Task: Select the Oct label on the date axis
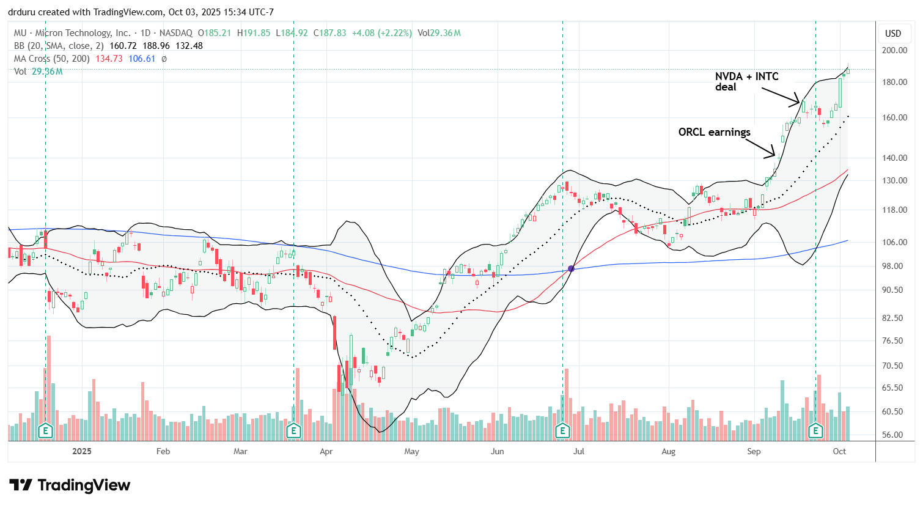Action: [x=839, y=451]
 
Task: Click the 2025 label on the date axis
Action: [x=81, y=451]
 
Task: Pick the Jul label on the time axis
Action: [x=578, y=451]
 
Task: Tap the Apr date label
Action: [x=326, y=451]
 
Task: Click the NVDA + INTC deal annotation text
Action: [x=746, y=81]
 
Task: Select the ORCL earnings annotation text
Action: [x=714, y=132]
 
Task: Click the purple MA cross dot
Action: [x=571, y=268]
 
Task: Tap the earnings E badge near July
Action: [x=562, y=431]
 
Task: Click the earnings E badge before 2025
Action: [x=45, y=431]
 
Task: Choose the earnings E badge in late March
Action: [x=293, y=431]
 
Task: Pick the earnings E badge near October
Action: [x=815, y=431]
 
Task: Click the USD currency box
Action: [x=893, y=33]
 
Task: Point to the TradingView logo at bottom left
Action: [x=70, y=485]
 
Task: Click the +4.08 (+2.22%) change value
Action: [x=381, y=33]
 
